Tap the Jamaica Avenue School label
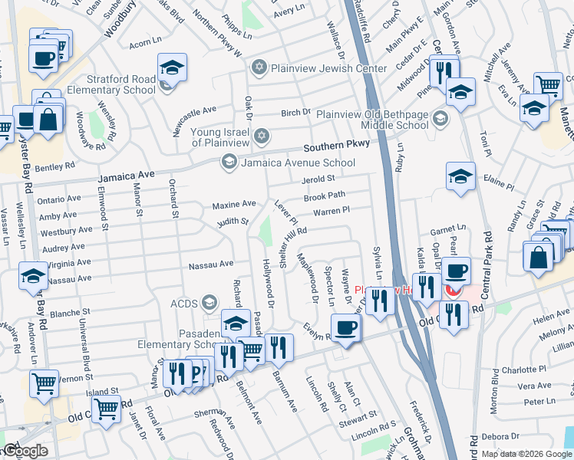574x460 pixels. (x=299, y=163)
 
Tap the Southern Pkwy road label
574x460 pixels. (x=337, y=145)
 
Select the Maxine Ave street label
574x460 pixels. (x=233, y=205)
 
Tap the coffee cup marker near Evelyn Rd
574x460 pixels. (x=345, y=329)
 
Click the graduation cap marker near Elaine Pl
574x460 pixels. (x=460, y=176)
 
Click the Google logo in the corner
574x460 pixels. (x=26, y=451)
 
